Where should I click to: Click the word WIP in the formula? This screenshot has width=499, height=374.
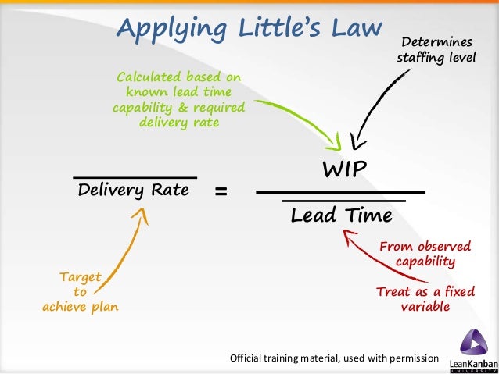point(345,169)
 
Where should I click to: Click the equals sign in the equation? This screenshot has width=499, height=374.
point(221,191)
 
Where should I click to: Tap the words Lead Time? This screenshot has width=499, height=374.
point(340,216)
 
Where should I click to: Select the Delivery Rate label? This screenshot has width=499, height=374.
point(134,190)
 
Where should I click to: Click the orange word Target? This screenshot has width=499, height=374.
point(81,276)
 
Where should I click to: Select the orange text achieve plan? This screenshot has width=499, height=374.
point(81,307)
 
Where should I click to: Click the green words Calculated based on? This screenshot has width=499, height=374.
point(179,77)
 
